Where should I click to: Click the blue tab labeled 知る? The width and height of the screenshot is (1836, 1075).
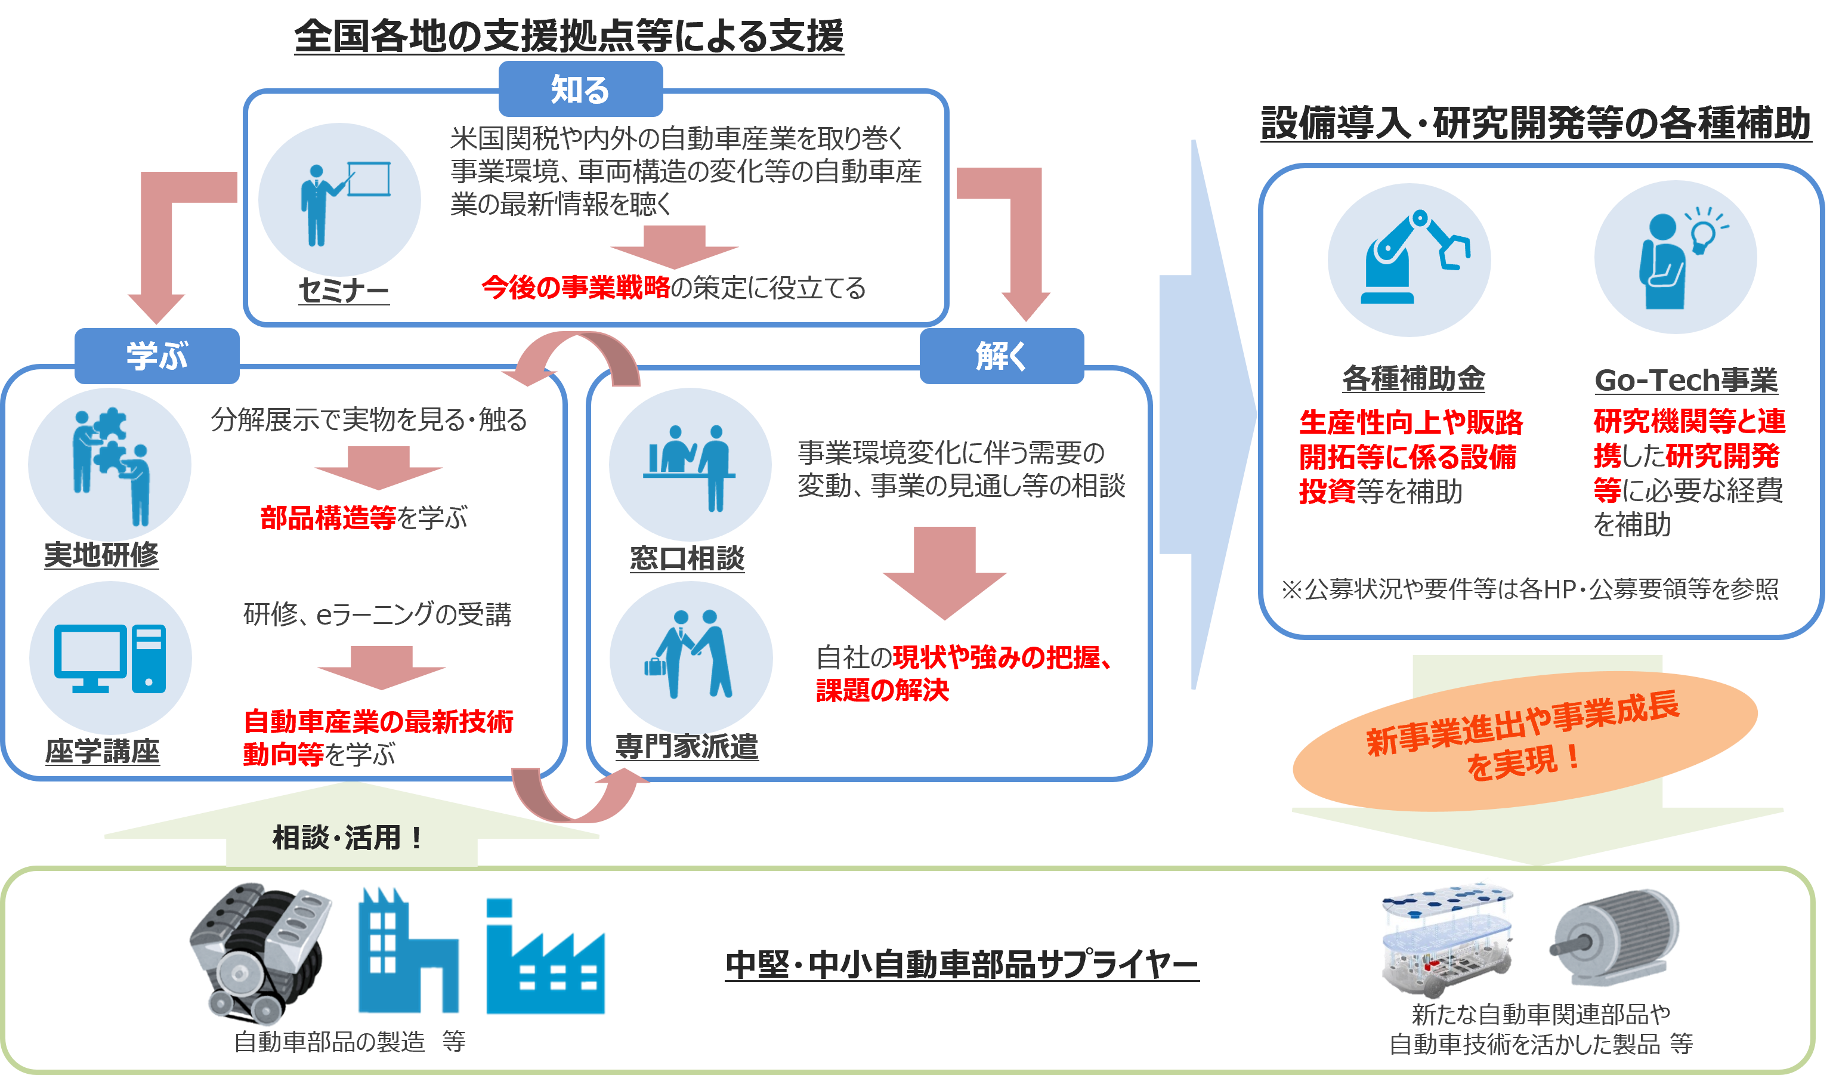pyautogui.click(x=580, y=89)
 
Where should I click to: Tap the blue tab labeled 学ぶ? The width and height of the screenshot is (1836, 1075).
pyautogui.click(x=157, y=356)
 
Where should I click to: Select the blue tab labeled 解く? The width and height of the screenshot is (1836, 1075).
pyautogui.click(x=1002, y=356)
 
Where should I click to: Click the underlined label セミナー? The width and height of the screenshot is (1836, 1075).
pyautogui.click(x=344, y=290)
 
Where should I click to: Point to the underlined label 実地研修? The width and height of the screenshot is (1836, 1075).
pyautogui.click(x=101, y=555)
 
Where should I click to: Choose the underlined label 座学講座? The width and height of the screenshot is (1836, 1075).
pyautogui.click(x=102, y=750)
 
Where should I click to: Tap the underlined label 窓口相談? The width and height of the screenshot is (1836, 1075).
pyautogui.click(x=687, y=558)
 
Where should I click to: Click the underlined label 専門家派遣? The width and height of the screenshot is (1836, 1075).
pyautogui.click(x=687, y=746)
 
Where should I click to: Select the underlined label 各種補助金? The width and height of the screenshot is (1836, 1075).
pyautogui.click(x=1414, y=378)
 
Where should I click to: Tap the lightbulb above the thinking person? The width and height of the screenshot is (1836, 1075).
pyautogui.click(x=1705, y=228)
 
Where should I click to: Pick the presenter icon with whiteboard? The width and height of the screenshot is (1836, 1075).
pyautogui.click(x=345, y=203)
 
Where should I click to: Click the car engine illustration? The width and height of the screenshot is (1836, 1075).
pyautogui.click(x=259, y=953)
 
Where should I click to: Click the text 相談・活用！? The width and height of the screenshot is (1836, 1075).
pyautogui.click(x=348, y=838)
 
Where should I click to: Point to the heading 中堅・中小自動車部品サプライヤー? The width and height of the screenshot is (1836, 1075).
pyautogui.click(x=962, y=963)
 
